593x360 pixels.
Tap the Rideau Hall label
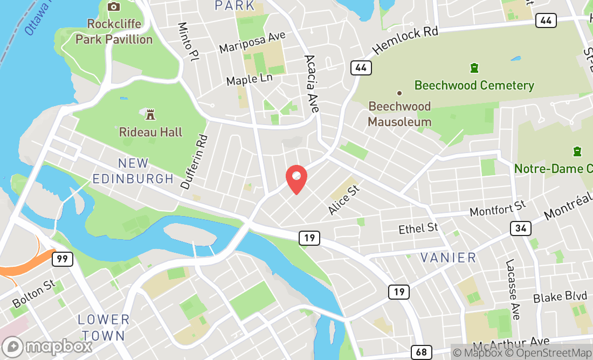[151, 132]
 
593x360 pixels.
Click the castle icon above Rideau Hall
[150, 114]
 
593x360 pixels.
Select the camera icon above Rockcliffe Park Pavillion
[113, 6]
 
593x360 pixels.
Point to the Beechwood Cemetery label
[474, 86]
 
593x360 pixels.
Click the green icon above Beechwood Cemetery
[474, 68]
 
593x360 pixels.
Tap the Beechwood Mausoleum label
[399, 114]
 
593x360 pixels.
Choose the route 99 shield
[63, 259]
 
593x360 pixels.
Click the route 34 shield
[521, 229]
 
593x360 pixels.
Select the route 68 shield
[421, 352]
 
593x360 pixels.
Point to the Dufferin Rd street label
[195, 162]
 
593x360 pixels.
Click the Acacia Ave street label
[312, 84]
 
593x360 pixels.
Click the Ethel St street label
[418, 229]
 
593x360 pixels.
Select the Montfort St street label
[498, 209]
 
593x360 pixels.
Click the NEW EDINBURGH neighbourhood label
[133, 171]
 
